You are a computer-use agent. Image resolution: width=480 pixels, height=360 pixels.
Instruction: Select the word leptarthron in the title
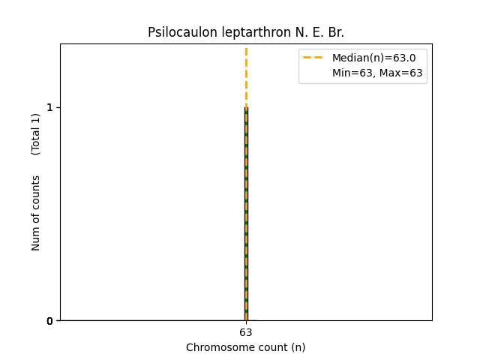[x=244, y=32]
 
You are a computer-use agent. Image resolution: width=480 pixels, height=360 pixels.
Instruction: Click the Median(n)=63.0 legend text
[x=368, y=58]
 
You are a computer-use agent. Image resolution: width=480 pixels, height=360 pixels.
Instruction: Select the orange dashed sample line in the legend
[x=313, y=58]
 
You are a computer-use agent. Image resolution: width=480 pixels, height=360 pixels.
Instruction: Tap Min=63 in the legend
[x=352, y=73]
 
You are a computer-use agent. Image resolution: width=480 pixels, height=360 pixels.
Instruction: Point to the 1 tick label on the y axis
[x=49, y=107]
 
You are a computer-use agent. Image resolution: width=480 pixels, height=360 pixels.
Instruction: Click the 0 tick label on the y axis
[x=49, y=321]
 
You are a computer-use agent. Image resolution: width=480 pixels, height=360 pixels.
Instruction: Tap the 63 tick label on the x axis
[x=246, y=332]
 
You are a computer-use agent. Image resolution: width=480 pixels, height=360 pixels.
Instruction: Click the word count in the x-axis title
[x=266, y=347]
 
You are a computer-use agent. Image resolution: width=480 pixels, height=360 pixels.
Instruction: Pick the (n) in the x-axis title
[x=298, y=347]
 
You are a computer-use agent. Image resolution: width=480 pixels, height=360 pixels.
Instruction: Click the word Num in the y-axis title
[x=36, y=238]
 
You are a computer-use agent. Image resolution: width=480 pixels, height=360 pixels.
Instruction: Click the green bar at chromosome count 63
[x=246, y=225]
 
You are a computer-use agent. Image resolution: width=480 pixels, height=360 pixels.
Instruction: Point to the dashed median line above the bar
[x=246, y=75]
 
